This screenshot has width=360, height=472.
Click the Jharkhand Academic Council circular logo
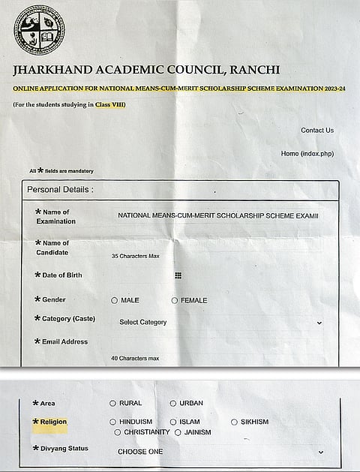coord(39,30)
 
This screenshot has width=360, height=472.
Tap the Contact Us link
coord(317,131)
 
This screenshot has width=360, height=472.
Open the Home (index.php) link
coord(307,154)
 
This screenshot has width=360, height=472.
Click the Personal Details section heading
coord(60,190)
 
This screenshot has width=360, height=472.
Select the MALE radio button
coord(115,300)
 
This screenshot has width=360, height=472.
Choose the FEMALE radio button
coord(175,300)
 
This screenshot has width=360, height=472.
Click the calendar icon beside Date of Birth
coord(178,275)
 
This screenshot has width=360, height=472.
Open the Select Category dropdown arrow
coord(319,323)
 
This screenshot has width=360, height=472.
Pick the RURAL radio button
coord(113,404)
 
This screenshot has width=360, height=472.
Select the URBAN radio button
coord(173,404)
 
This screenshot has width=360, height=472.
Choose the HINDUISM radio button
coord(113,422)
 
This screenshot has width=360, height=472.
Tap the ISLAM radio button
coord(173,422)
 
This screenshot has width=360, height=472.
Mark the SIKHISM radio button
coord(234,422)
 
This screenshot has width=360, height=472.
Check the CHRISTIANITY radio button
coord(118,432)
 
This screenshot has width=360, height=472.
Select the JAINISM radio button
coord(178,432)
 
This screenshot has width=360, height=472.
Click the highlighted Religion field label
coord(54,422)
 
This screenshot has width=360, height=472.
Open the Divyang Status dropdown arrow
coord(321,452)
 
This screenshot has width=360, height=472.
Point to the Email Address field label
coord(65,341)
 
